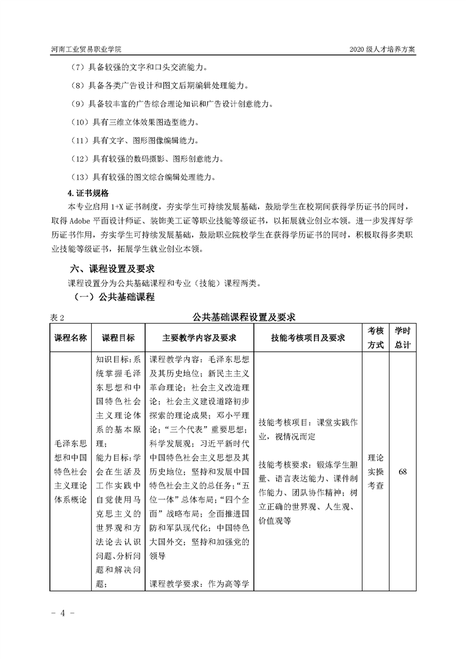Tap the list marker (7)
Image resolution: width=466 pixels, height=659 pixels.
pyautogui.click(x=78, y=68)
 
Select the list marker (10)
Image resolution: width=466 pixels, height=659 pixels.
pyautogui.click(x=79, y=123)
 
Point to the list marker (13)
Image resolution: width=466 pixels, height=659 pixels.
pyautogui.click(x=79, y=177)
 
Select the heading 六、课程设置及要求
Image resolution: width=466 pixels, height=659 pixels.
pyautogui.click(x=112, y=268)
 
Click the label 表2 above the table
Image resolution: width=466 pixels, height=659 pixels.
pyautogui.click(x=56, y=317)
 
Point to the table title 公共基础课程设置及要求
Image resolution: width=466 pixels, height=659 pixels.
pyautogui.click(x=244, y=317)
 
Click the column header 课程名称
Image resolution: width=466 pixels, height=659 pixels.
pyautogui.click(x=71, y=338)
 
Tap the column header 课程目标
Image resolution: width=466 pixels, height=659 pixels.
pyautogui.click(x=119, y=338)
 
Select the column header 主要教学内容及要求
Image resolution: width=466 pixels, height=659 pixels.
pyautogui.click(x=199, y=338)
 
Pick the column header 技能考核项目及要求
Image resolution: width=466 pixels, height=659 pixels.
pyautogui.click(x=308, y=338)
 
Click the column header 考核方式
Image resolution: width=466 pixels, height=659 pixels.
pyautogui.click(x=376, y=338)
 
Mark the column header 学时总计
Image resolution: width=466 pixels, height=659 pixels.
pyautogui.click(x=403, y=338)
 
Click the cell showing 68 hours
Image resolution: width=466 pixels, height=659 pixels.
pyautogui.click(x=403, y=471)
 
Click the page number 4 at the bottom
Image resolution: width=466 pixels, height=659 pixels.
pyautogui.click(x=62, y=613)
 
